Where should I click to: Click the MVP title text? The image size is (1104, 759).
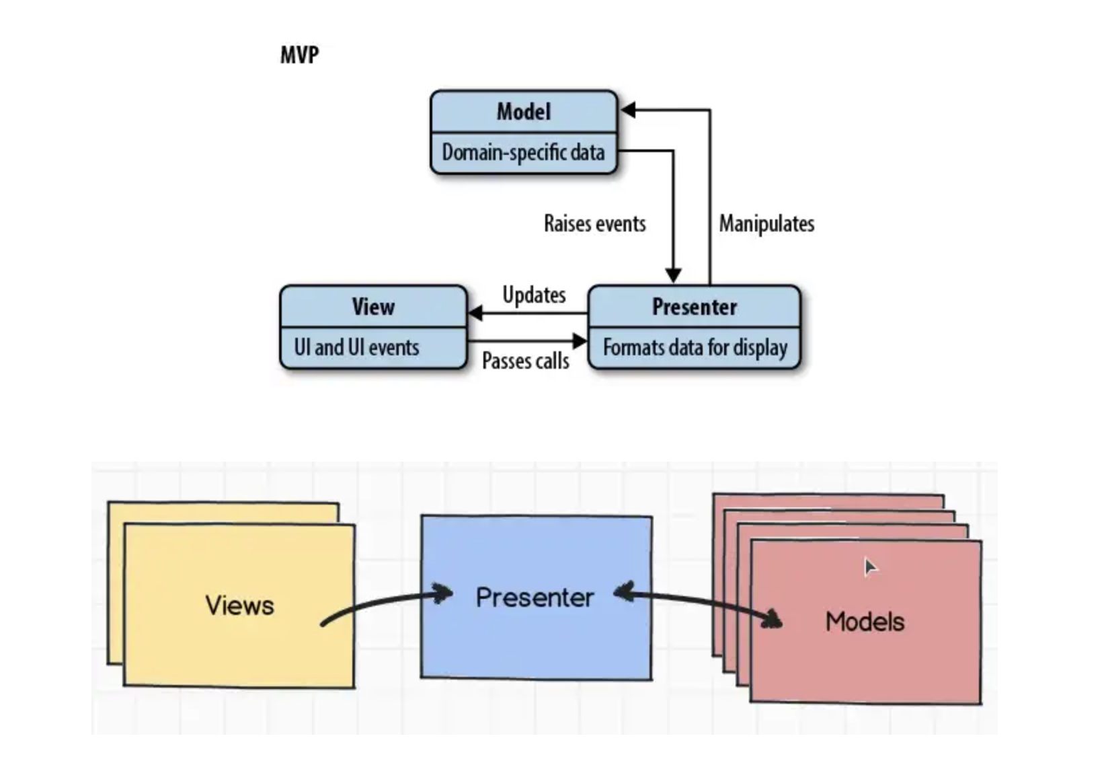300,55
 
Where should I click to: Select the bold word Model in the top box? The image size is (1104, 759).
523,112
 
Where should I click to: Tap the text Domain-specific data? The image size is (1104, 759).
523,152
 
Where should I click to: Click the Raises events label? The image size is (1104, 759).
595,223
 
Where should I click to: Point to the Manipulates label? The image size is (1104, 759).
766,223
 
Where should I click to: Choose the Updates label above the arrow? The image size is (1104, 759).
534,295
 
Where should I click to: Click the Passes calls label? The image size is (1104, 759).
525,361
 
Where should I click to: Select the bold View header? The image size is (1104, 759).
373,307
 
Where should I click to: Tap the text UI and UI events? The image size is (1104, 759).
356,347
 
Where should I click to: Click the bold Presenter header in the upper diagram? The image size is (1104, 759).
695,307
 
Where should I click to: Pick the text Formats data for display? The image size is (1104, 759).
695,348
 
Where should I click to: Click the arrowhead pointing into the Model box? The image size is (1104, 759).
627,110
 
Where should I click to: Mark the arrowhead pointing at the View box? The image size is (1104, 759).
475,313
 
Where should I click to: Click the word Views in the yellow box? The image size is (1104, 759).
239,605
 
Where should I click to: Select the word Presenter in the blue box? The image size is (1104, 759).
535,598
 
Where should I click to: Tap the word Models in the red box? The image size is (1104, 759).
865,622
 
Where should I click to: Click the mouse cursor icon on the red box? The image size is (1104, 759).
871,567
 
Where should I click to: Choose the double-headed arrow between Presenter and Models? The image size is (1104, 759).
698,604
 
